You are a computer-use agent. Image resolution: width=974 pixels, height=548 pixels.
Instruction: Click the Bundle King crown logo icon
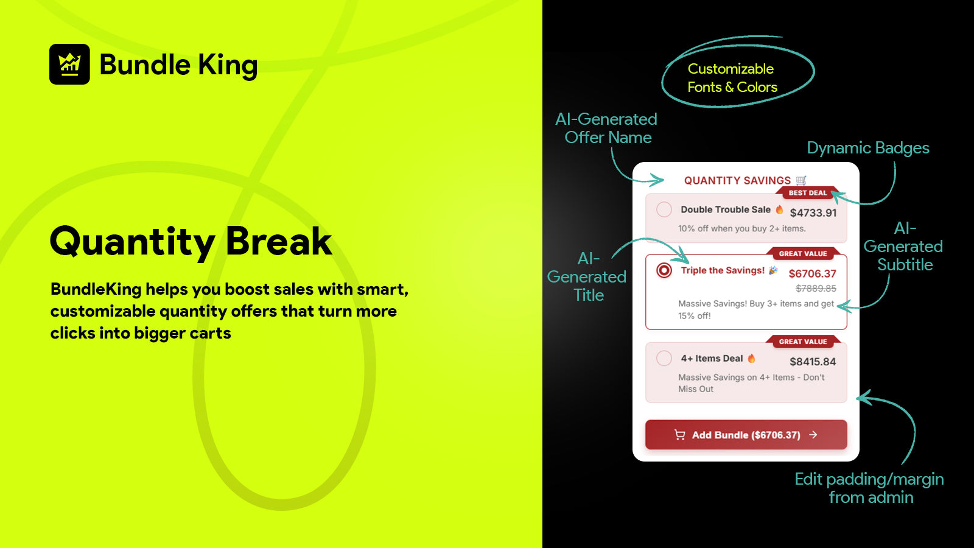coord(69,64)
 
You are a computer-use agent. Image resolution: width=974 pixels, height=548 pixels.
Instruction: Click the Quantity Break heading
coord(191,242)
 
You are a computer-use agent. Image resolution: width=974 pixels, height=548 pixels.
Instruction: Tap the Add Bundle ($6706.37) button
coord(746,435)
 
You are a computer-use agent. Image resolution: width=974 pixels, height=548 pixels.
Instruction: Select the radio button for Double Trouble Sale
coord(664,209)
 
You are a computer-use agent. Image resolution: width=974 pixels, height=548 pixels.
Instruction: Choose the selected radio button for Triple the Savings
coord(664,270)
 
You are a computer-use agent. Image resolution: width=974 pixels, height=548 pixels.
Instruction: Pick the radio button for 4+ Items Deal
coord(664,359)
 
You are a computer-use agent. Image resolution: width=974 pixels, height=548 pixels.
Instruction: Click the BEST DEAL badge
coord(808,192)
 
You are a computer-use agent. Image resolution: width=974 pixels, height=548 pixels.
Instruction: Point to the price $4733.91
coord(813,213)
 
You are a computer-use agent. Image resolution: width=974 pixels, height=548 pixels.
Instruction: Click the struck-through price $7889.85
coord(816,289)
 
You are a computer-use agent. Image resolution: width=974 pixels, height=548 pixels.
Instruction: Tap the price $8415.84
coord(813,362)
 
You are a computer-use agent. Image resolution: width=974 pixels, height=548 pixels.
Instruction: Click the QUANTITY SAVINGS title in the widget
coord(745,180)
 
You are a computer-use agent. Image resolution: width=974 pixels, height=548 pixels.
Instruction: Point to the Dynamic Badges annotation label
coord(868,148)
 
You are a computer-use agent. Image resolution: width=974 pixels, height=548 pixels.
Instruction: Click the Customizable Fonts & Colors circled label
coord(732,78)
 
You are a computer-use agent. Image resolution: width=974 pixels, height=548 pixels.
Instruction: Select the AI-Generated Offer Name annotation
coord(606,128)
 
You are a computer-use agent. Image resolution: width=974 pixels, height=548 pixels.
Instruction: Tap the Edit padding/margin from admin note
coord(870,488)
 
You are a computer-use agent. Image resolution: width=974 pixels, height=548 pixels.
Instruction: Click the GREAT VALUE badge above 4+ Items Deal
coord(803,342)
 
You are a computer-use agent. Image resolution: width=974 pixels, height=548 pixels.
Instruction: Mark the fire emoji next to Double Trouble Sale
coord(780,209)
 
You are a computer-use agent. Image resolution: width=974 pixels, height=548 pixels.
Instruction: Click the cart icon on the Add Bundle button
coord(679,435)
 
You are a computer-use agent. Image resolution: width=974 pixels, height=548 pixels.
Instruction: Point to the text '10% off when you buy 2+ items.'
coord(742,228)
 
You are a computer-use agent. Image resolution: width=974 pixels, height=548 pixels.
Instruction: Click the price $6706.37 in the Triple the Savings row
coord(813,273)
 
